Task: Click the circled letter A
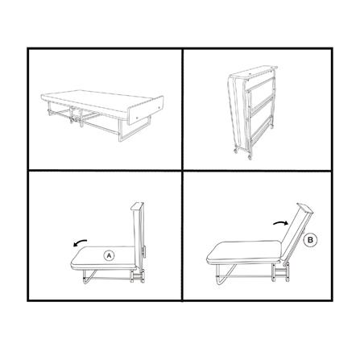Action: (x=109, y=256)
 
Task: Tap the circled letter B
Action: (x=310, y=240)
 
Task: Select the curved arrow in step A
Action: (x=80, y=242)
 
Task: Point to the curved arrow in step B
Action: (x=281, y=222)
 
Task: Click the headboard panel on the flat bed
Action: (x=146, y=110)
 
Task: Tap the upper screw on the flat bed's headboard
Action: (x=159, y=108)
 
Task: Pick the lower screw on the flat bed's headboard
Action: (x=137, y=118)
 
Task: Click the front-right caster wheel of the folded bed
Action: (x=250, y=157)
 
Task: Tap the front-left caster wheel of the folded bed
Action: (x=236, y=151)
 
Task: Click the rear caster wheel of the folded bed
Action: (x=272, y=126)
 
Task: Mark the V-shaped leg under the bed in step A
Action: (x=89, y=276)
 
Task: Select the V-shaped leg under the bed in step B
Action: (x=225, y=275)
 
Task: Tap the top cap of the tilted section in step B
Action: (x=305, y=208)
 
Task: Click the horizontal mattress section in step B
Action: (x=244, y=252)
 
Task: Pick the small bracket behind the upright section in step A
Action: (x=145, y=252)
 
